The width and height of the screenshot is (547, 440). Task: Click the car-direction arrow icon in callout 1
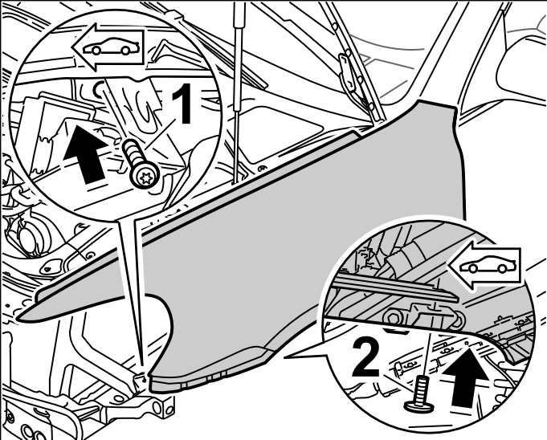(108, 50)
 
